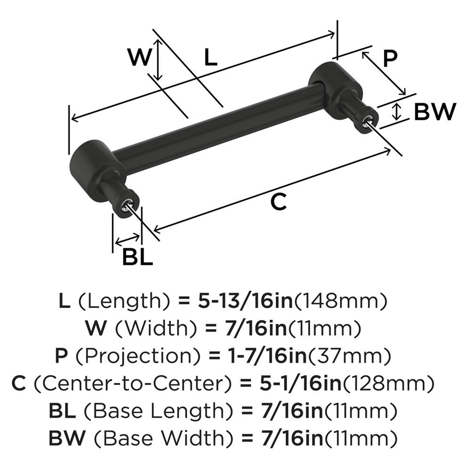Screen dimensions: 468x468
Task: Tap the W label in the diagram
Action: point(140,58)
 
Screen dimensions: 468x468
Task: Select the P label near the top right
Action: point(390,58)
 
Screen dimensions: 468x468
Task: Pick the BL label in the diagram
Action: point(138,257)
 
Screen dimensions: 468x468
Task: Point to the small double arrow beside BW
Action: point(397,111)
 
